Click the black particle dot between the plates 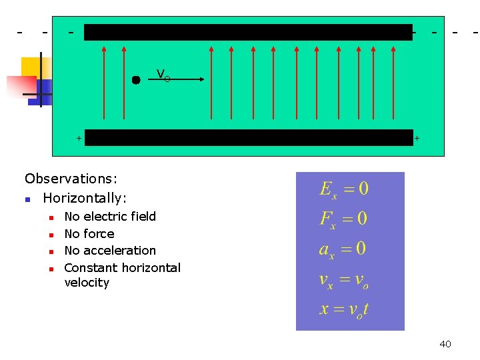(x=136, y=80)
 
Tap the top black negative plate (x=248, y=32)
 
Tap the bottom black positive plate (x=248, y=137)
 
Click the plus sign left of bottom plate (x=79, y=138)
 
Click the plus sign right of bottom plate (x=417, y=139)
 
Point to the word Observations (x=71, y=179)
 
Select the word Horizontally (x=85, y=198)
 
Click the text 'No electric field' (x=110, y=216)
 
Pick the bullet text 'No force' (x=89, y=233)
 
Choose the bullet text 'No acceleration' (x=110, y=251)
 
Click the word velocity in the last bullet (x=87, y=283)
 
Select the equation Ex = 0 (x=344, y=189)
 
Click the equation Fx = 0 (x=344, y=219)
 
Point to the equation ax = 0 (x=343, y=249)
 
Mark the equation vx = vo (x=344, y=280)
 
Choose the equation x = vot (x=344, y=309)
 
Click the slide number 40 (x=445, y=344)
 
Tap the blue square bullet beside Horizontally (x=27, y=199)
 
